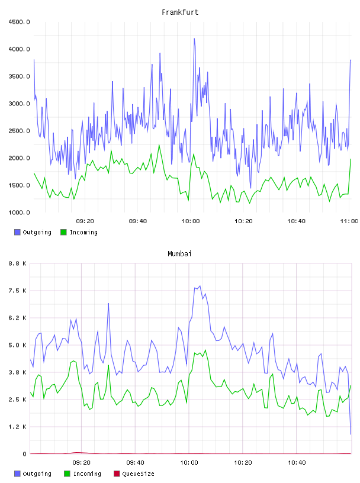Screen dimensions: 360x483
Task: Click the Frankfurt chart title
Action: [x=180, y=12]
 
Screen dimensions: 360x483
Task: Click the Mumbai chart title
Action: [x=179, y=254]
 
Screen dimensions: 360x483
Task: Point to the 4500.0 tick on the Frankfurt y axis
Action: [x=19, y=22]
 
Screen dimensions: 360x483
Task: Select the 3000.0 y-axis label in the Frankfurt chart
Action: [x=19, y=104]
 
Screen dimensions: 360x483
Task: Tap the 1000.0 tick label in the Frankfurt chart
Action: [x=19, y=212]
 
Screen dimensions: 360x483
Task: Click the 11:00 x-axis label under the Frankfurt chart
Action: [x=349, y=221]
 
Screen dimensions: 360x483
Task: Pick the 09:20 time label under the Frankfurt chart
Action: [x=85, y=221]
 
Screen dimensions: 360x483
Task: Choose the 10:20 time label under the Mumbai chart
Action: [x=243, y=463]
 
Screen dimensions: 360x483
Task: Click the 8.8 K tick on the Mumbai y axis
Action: [x=18, y=263]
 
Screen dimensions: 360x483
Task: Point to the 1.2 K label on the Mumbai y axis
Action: [x=18, y=427]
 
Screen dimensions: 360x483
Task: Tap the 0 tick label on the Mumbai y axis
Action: [x=25, y=454]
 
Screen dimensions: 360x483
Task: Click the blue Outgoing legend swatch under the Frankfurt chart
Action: [x=17, y=232]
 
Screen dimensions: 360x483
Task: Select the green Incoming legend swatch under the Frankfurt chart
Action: [x=63, y=232]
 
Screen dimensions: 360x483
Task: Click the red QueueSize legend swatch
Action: [x=117, y=474]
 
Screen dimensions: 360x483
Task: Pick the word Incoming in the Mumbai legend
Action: [x=87, y=474]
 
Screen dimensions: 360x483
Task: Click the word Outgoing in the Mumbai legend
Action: [x=37, y=474]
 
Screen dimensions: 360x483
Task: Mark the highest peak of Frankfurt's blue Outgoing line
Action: [x=194, y=39]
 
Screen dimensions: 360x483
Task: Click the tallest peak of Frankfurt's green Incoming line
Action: [x=159, y=144]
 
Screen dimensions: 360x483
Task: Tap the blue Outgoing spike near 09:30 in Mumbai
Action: [x=108, y=304]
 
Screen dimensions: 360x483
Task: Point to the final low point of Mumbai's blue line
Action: [x=351, y=434]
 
